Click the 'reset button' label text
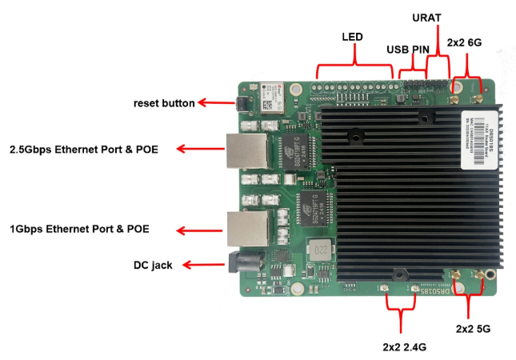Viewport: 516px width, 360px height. pos(164,103)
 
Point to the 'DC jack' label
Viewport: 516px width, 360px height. pos(152,265)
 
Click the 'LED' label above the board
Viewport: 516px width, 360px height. pos(352,38)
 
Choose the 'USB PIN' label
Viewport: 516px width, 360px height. pos(408,50)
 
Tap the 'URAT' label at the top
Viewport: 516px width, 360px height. pos(426,17)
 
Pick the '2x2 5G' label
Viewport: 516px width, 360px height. pos(475,329)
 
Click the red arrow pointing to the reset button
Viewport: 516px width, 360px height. pos(212,102)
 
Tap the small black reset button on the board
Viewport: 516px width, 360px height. pos(239,104)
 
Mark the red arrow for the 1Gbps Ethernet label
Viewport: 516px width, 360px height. pos(199,230)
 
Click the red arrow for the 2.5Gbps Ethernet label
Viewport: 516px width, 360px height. pos(200,149)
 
